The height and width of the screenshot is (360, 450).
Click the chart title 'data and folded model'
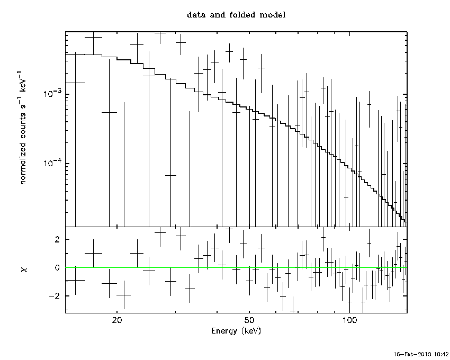tap(236, 15)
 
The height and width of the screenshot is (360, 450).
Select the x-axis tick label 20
tap(117, 320)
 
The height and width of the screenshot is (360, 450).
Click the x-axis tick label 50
tap(249, 320)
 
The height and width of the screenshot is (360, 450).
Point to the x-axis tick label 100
tap(349, 320)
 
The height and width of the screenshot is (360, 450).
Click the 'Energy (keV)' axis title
tap(236, 331)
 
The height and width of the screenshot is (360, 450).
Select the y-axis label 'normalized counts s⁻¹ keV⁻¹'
tap(22, 127)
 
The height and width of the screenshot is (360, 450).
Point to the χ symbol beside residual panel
tap(24, 269)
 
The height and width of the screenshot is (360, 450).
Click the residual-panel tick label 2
tap(57, 239)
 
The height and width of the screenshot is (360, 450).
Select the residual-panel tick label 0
tap(57, 267)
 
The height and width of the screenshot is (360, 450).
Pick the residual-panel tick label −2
tap(54, 296)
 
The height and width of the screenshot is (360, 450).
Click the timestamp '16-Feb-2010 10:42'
tap(421, 354)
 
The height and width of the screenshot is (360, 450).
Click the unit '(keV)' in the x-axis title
tap(251, 331)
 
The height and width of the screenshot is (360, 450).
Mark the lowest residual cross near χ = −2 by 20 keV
tap(124, 295)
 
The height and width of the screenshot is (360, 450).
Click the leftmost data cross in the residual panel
tap(75, 280)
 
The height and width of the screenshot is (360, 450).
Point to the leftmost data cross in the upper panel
tap(75, 83)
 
